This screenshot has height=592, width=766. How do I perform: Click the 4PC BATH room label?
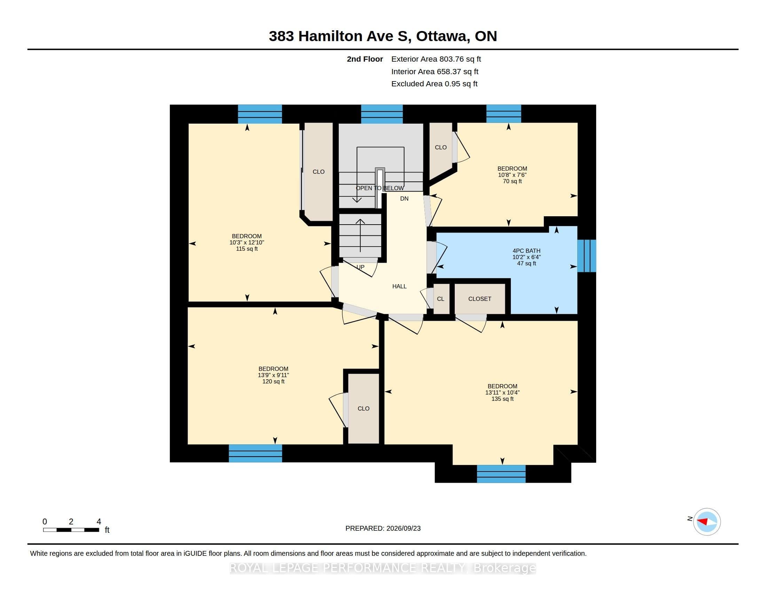coord(526,251)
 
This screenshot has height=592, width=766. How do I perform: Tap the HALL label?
coord(399,287)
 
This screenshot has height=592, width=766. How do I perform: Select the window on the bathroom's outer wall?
coord(587,256)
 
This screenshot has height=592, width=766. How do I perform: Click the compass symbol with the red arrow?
coord(707,522)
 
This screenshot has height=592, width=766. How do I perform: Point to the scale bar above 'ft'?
coord(71,530)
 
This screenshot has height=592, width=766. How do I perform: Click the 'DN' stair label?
coord(404,198)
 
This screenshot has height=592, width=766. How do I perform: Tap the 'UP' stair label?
coord(361,267)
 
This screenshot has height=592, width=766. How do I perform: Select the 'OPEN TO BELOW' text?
coord(380,188)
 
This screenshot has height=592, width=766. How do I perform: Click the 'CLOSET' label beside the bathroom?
coord(480,299)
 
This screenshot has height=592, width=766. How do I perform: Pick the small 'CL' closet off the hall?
coord(441,299)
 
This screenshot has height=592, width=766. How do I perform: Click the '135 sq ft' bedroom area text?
coord(502,399)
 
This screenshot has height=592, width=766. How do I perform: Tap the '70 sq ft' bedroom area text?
coord(513,181)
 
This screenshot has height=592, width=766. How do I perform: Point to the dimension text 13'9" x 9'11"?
coord(274,375)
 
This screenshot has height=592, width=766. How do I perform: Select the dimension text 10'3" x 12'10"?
coord(247,243)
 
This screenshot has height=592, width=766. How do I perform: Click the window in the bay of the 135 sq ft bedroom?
coord(501,474)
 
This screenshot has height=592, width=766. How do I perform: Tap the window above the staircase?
coord(382,114)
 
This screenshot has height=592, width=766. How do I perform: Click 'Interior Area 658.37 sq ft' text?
coord(435,71)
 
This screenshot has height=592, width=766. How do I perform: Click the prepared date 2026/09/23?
coord(403,529)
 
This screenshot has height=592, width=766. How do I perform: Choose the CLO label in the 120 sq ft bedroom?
coord(364,408)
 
